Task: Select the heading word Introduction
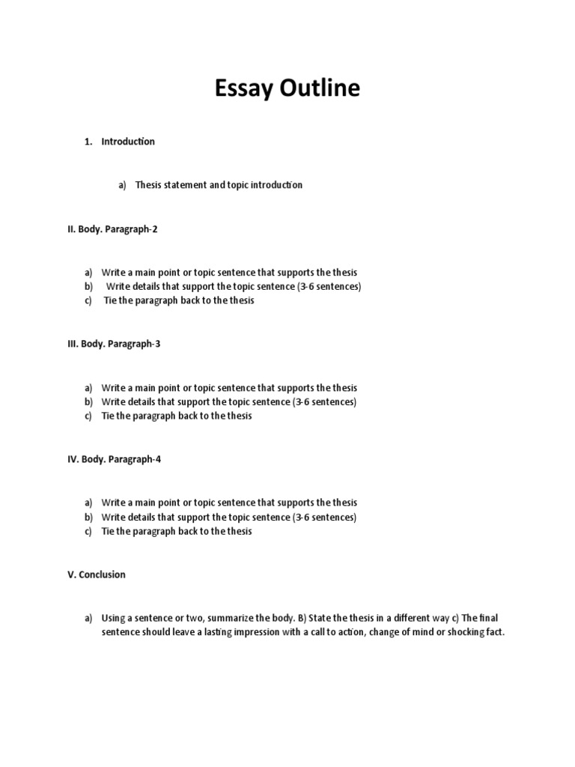point(128,142)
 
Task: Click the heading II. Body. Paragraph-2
point(112,229)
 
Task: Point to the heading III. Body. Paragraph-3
point(114,345)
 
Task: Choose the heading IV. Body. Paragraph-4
point(114,459)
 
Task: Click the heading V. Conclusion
point(97,575)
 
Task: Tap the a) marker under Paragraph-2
point(88,273)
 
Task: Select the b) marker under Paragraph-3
point(88,402)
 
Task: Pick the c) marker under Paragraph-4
point(88,531)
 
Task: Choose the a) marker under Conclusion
point(88,618)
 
